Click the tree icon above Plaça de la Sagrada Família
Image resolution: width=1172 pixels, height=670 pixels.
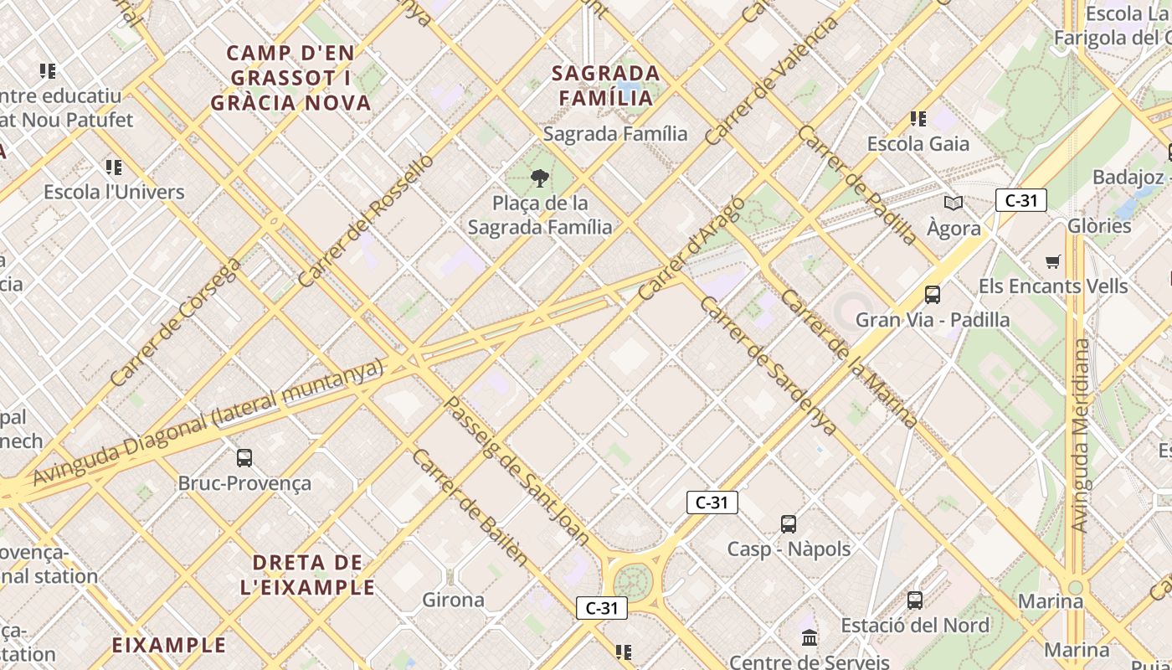tap(540, 177)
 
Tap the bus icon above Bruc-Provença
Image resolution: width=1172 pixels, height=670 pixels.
tap(244, 458)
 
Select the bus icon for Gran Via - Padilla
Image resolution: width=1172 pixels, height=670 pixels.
tap(932, 294)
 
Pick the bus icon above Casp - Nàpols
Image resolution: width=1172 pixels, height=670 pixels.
tap(788, 524)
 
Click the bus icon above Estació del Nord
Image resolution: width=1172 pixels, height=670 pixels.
tap(915, 600)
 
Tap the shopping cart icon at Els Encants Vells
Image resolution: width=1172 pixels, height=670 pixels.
tap(1053, 261)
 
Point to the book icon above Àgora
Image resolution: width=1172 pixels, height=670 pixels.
tap(954, 203)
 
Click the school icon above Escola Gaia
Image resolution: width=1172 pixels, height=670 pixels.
tap(918, 119)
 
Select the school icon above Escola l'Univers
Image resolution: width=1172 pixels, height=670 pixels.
tap(114, 167)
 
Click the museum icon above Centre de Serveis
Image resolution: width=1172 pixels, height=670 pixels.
tap(810, 638)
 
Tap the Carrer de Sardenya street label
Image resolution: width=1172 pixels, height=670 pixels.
tap(768, 366)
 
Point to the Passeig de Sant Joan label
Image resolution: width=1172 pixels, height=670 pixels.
tap(515, 472)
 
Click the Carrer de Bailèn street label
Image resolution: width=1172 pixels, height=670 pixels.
tap(470, 507)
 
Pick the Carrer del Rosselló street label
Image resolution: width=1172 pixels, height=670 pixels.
tap(366, 220)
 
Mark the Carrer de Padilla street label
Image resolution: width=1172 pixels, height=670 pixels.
tap(857, 185)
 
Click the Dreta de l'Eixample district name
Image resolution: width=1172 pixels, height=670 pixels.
tap(307, 575)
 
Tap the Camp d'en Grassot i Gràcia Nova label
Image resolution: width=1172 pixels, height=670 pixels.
tap(290, 78)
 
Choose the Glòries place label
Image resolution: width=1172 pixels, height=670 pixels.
tap(1099, 225)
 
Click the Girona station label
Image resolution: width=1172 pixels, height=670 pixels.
tap(453, 600)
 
